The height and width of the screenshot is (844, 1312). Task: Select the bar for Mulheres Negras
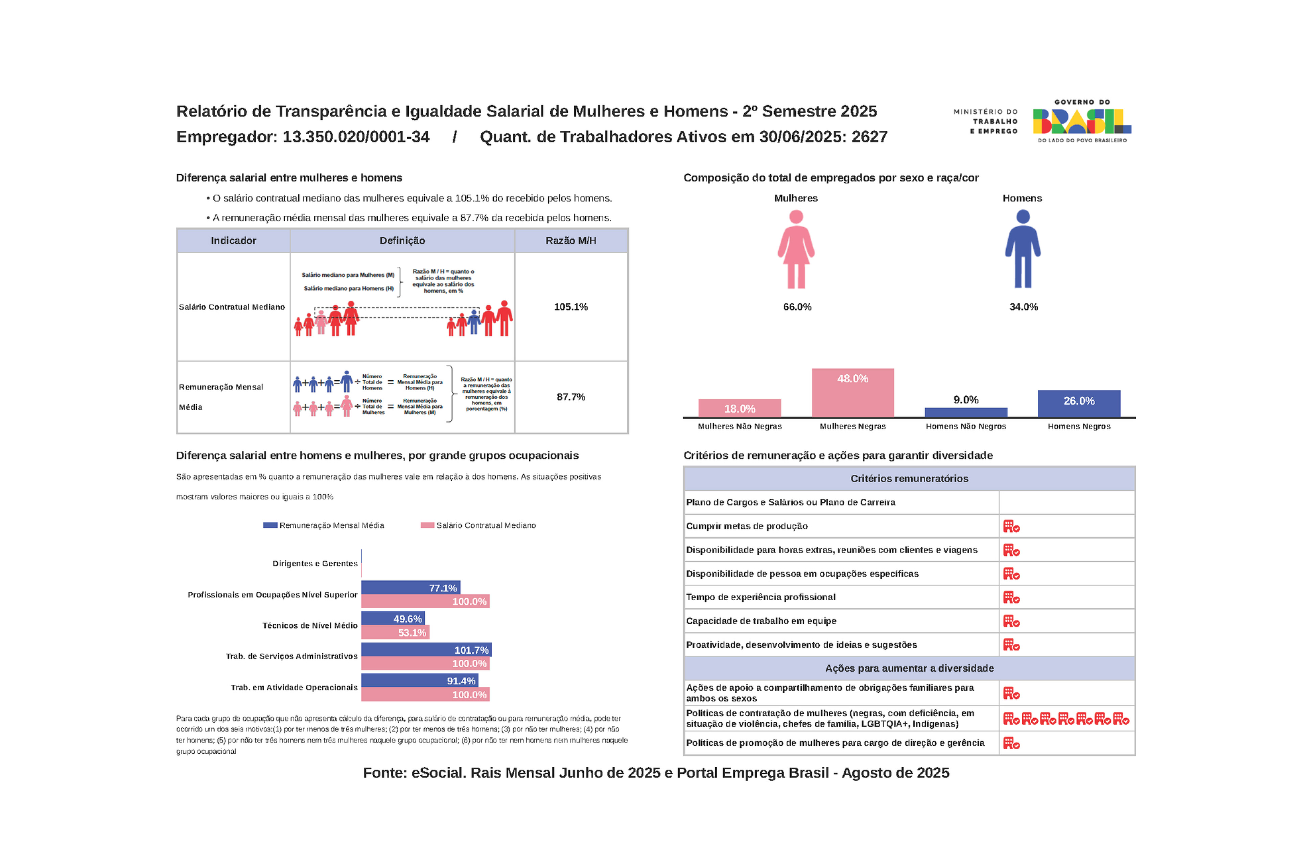tap(852, 393)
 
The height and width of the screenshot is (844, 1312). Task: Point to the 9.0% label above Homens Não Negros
tap(966, 400)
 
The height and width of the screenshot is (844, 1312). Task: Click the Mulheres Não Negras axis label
tap(739, 426)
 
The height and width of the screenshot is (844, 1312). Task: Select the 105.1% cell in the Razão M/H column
tap(570, 307)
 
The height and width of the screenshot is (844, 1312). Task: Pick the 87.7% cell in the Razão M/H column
tap(570, 397)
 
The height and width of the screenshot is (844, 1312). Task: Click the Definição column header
tap(402, 241)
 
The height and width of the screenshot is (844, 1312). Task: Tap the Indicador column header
tap(233, 241)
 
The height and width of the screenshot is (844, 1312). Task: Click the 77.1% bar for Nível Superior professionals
tap(411, 587)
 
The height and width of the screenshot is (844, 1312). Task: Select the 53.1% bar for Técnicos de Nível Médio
tap(395, 632)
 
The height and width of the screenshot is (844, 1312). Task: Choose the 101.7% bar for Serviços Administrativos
tap(426, 650)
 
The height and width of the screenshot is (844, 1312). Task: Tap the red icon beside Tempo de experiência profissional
tap(1011, 597)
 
